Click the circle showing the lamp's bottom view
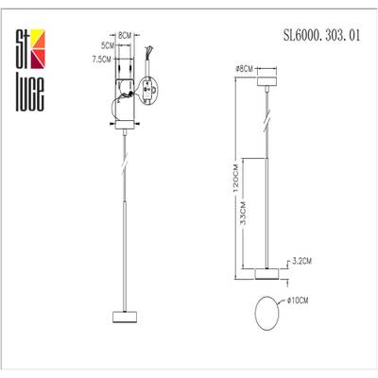pyautogui.click(x=268, y=311)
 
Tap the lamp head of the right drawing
pyautogui.click(x=267, y=274)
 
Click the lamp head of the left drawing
pyautogui.click(x=122, y=316)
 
